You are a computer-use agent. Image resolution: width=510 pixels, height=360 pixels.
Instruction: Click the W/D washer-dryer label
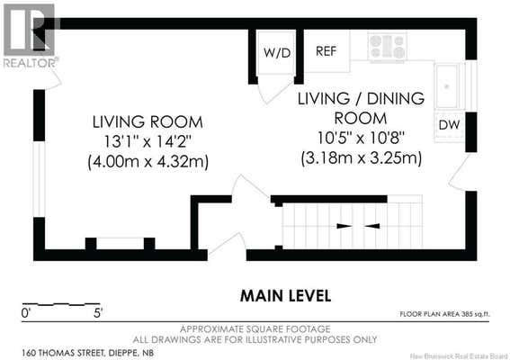tap(277, 53)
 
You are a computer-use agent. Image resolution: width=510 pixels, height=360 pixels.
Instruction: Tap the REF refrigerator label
tap(327, 51)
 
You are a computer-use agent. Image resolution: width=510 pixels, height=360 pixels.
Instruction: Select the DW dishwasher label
tap(449, 125)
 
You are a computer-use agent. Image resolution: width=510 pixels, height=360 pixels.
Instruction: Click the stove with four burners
tap(388, 46)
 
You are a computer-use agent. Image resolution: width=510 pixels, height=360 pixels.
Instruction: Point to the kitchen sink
tap(447, 86)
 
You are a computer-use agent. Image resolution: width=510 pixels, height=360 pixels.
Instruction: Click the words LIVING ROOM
tap(148, 122)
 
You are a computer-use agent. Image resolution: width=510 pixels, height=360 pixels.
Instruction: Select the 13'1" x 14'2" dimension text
tap(148, 141)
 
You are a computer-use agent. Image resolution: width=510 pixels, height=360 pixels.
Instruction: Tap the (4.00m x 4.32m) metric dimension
tap(148, 162)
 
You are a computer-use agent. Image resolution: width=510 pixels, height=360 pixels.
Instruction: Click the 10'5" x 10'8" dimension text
tap(361, 139)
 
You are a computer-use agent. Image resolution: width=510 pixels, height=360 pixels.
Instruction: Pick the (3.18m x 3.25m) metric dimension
tap(362, 158)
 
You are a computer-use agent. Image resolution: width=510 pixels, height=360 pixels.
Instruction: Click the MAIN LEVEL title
tap(285, 296)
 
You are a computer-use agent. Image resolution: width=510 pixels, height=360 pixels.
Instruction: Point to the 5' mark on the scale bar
tap(98, 313)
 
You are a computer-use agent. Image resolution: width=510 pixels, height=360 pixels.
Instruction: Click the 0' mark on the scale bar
tap(25, 313)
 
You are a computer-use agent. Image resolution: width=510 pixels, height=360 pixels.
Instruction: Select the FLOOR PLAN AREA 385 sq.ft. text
tap(444, 314)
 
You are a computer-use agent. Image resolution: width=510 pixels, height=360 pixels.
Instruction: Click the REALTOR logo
tap(31, 36)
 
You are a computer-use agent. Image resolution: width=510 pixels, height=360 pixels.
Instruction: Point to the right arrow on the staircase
tap(372, 226)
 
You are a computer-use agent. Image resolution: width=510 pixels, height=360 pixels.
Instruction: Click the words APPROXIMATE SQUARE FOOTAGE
tap(255, 329)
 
